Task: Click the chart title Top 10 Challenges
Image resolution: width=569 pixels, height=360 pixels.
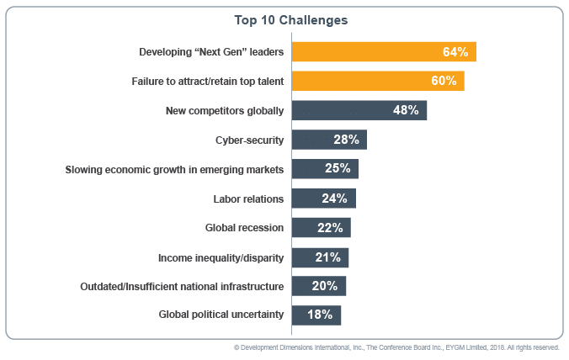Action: point(284,19)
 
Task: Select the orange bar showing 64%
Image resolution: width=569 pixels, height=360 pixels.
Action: point(384,52)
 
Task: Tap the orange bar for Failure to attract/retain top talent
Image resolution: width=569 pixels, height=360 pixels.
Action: point(378,81)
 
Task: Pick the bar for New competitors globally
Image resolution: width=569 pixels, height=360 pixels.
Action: point(359,110)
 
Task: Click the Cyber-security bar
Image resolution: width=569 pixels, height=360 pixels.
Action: point(329,140)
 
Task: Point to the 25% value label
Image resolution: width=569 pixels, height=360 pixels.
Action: point(338,168)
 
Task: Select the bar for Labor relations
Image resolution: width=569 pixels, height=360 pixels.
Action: point(323,199)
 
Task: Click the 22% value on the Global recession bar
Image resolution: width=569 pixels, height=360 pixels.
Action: point(330,227)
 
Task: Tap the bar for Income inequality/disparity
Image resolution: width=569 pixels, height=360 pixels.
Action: point(320,257)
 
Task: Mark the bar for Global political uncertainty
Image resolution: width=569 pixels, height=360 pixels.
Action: point(316,315)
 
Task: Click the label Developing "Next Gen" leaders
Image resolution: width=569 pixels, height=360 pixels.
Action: point(210,52)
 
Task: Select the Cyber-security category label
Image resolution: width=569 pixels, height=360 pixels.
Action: point(250,140)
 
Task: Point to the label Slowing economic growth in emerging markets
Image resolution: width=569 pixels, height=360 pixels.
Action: point(174,169)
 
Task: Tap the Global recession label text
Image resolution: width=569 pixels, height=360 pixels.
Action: point(244,227)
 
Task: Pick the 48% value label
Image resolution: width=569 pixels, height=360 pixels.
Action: point(406,110)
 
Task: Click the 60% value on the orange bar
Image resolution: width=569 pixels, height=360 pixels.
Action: point(444,81)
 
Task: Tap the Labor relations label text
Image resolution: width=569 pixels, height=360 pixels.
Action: point(248,199)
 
